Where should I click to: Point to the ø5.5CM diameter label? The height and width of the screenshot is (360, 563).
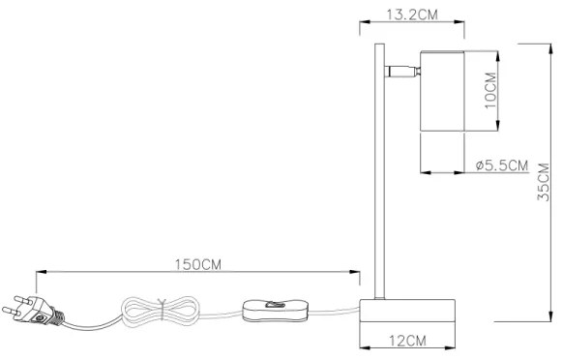502,165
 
